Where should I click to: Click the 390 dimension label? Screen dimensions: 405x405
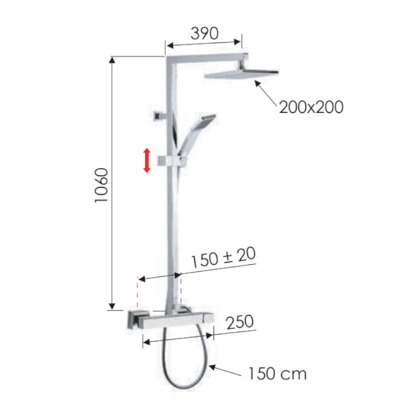click(204, 33)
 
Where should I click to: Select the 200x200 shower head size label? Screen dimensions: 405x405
click(311, 107)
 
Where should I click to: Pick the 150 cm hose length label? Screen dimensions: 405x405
click(277, 374)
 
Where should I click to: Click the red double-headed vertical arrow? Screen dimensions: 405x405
click(147, 160)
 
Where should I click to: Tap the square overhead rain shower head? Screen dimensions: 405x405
click(242, 74)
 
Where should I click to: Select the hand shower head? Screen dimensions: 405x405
click(206, 121)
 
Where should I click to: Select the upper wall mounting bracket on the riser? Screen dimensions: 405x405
click(159, 115)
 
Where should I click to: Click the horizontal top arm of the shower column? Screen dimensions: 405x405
click(208, 54)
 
